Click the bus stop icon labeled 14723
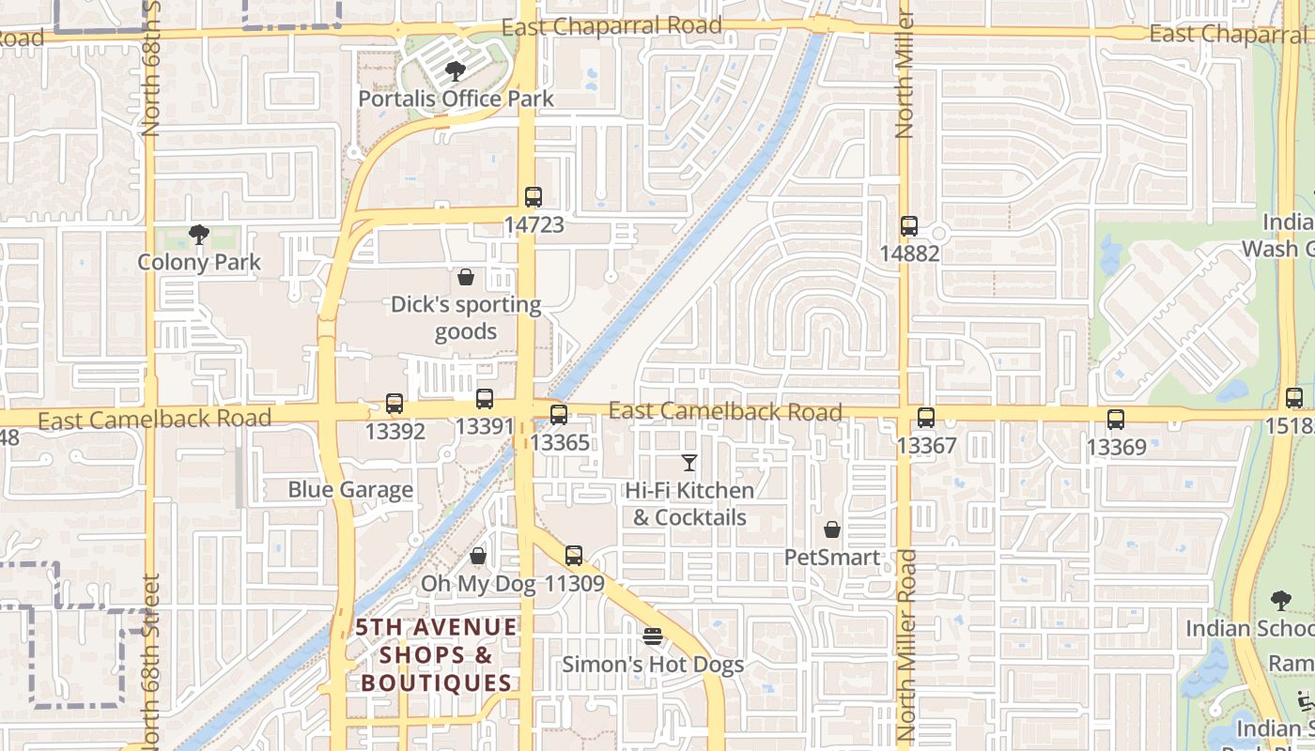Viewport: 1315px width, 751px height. pos(534,197)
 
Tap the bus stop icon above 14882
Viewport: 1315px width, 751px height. pos(908,226)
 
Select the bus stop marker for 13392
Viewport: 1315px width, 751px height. pos(394,404)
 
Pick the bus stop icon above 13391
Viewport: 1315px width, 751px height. pos(485,399)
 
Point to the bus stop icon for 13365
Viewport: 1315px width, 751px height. pos(559,414)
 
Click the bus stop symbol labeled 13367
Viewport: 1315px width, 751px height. pos(926,418)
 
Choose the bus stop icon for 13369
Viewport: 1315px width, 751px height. pos(1116,420)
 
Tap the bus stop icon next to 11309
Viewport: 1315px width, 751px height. pos(574,556)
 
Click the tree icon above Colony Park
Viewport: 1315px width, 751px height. pos(198,234)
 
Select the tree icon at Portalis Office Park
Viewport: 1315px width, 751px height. pos(456,70)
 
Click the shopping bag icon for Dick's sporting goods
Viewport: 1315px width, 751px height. pos(465,276)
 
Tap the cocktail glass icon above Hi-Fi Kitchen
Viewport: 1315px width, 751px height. pos(689,462)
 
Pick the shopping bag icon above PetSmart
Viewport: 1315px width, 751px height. pos(831,529)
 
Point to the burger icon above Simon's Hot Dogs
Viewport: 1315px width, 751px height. pos(653,636)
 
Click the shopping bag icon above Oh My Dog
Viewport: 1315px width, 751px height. pos(478,556)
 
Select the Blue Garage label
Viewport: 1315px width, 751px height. pos(350,489)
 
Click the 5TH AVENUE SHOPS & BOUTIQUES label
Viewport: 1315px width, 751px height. pos(437,654)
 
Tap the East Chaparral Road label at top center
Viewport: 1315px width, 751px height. pos(611,25)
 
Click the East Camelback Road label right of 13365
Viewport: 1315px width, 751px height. pos(725,411)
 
